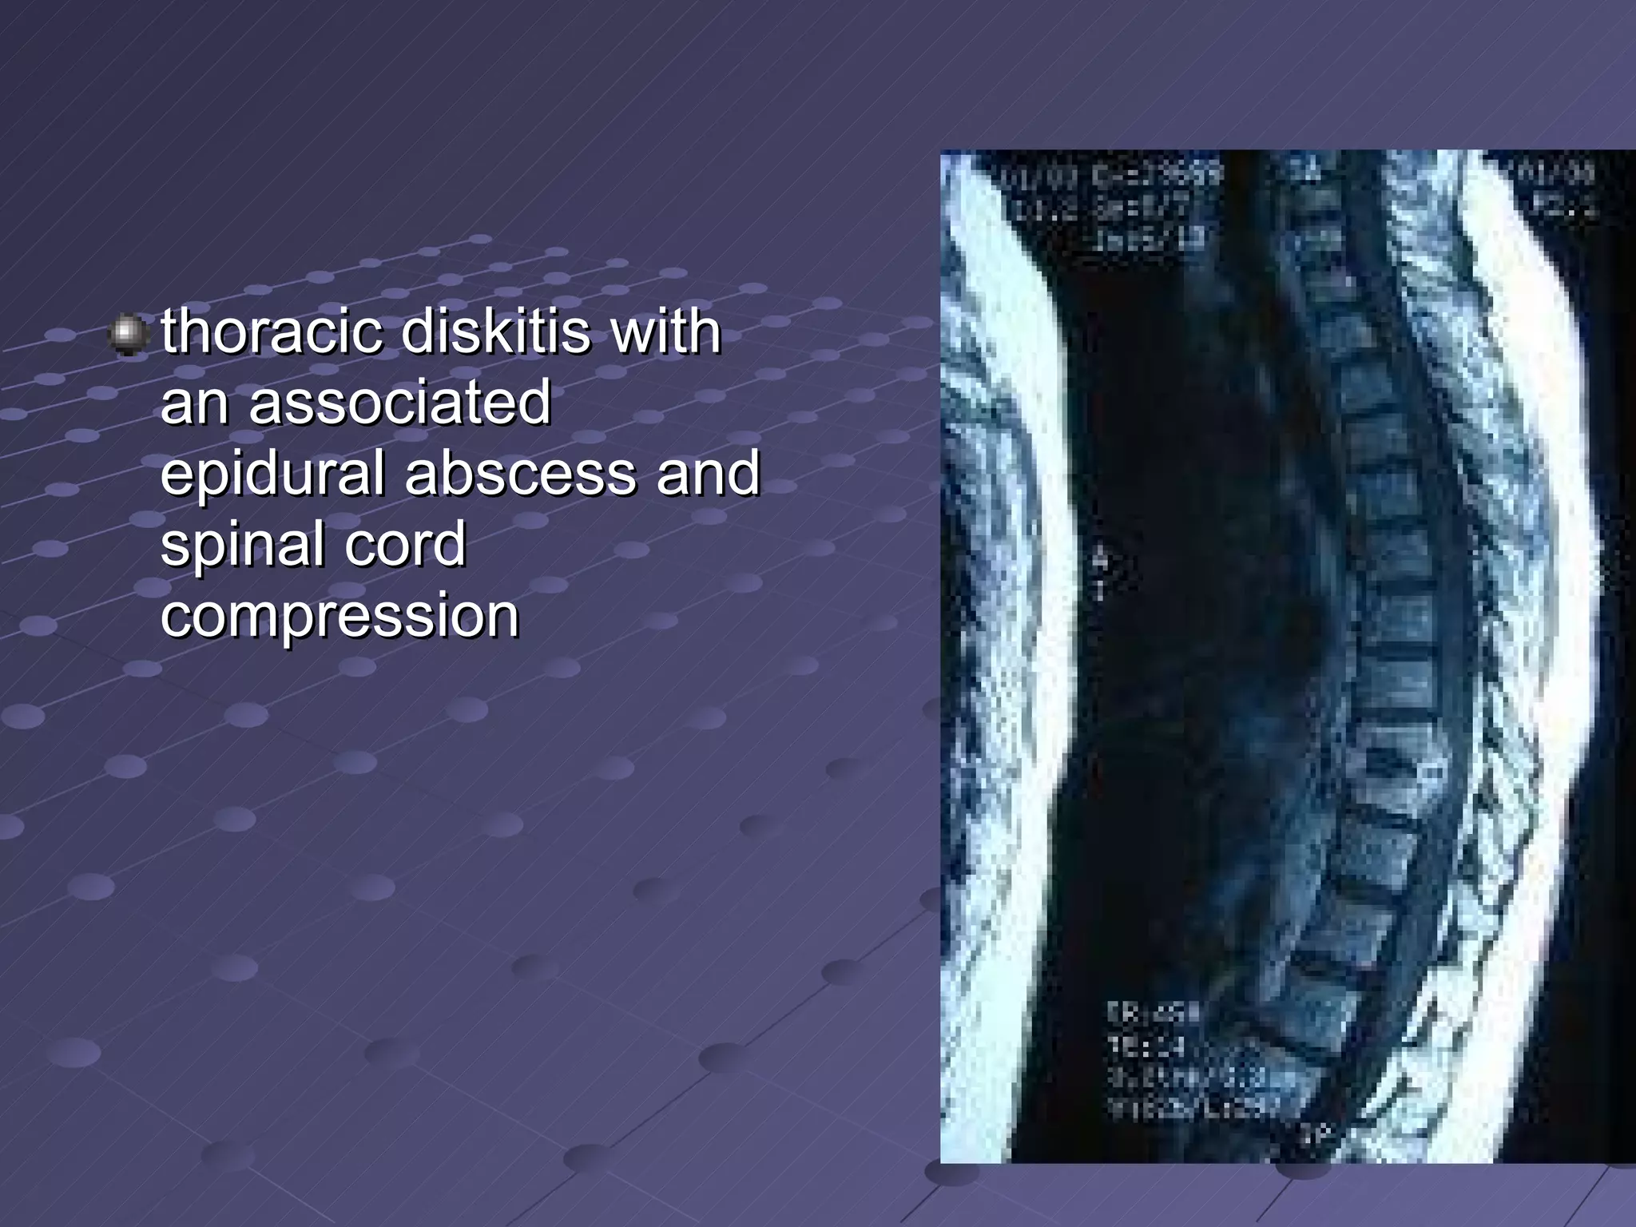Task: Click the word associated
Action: [399, 402]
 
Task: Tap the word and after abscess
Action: [708, 473]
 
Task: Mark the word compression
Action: [340, 615]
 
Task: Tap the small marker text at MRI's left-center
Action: [1101, 575]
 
